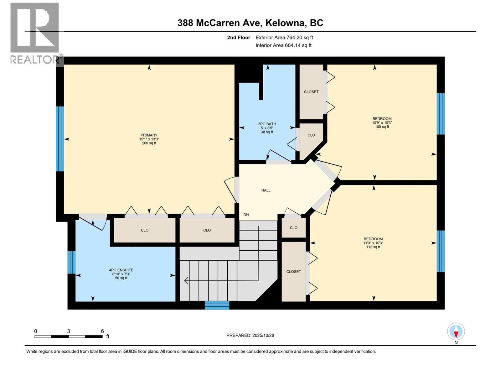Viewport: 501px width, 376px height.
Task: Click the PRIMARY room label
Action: point(149,135)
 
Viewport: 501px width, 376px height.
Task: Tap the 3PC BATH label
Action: point(267,124)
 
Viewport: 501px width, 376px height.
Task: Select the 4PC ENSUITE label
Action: point(121,270)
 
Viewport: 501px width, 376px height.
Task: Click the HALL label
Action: point(266,190)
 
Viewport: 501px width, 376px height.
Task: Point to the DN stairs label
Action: point(246,215)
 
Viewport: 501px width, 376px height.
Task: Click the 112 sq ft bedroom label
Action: point(373,243)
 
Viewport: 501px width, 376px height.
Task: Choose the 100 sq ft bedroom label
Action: point(382,123)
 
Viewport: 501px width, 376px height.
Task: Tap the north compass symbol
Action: point(456,332)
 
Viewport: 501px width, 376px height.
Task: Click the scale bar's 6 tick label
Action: point(102,331)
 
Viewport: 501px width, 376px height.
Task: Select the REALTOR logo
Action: point(34,33)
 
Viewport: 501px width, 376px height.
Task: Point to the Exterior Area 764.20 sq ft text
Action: point(284,38)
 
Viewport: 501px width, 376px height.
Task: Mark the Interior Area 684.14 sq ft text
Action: point(283,45)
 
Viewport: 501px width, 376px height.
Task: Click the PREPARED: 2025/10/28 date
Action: point(250,335)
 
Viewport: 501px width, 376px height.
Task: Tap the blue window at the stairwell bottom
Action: point(217,305)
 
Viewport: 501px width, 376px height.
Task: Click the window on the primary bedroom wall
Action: point(60,139)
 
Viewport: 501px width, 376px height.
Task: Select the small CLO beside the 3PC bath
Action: point(311,135)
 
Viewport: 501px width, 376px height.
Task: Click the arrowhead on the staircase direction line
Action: point(186,281)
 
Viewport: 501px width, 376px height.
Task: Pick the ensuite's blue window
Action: point(72,262)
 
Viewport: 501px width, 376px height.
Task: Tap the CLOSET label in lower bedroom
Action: point(293,272)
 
